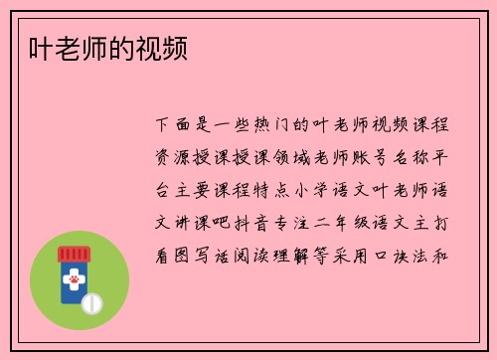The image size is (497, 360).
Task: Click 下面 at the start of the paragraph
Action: pos(175,126)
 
